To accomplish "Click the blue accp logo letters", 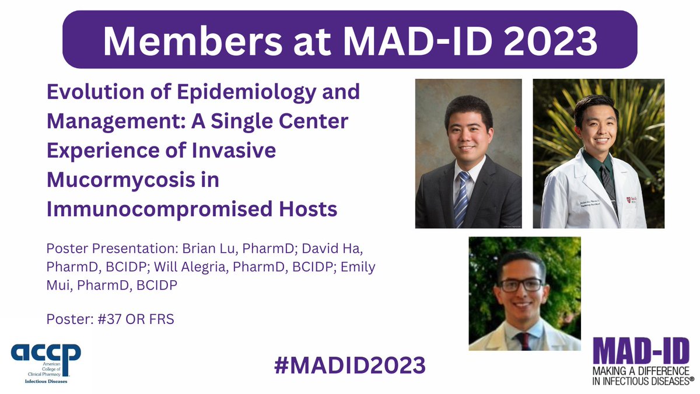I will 45,354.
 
